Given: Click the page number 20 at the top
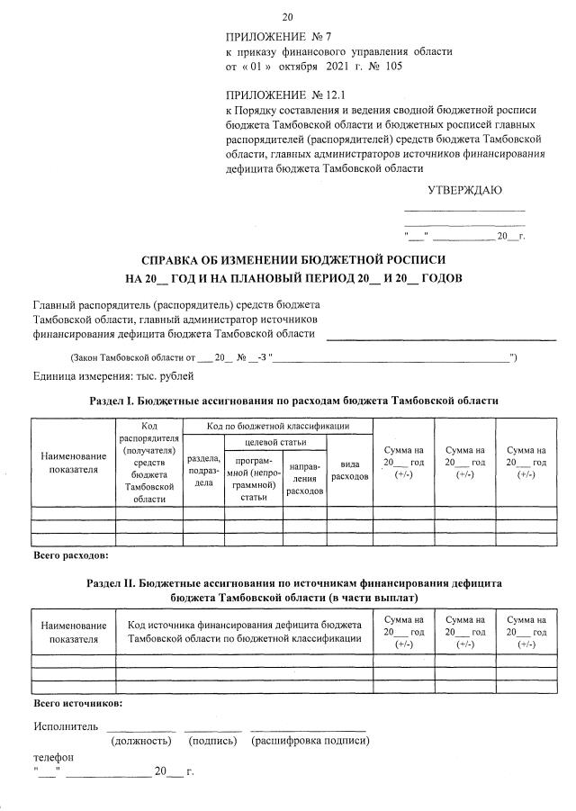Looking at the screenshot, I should click(x=288, y=17).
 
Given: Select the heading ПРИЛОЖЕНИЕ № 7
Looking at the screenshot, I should click(x=278, y=37).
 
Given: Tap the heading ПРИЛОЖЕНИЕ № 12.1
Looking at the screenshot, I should click(x=284, y=95).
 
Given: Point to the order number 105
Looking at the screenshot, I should click(x=393, y=67).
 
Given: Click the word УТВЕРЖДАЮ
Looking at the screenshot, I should click(x=463, y=190).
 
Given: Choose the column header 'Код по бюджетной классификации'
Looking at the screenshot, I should click(x=277, y=425).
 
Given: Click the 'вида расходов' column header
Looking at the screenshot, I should click(x=349, y=470).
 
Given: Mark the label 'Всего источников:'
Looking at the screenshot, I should click(x=77, y=702).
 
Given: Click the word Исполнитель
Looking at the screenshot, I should click(x=61, y=726).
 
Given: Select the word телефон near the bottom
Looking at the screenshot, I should click(x=53, y=758).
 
